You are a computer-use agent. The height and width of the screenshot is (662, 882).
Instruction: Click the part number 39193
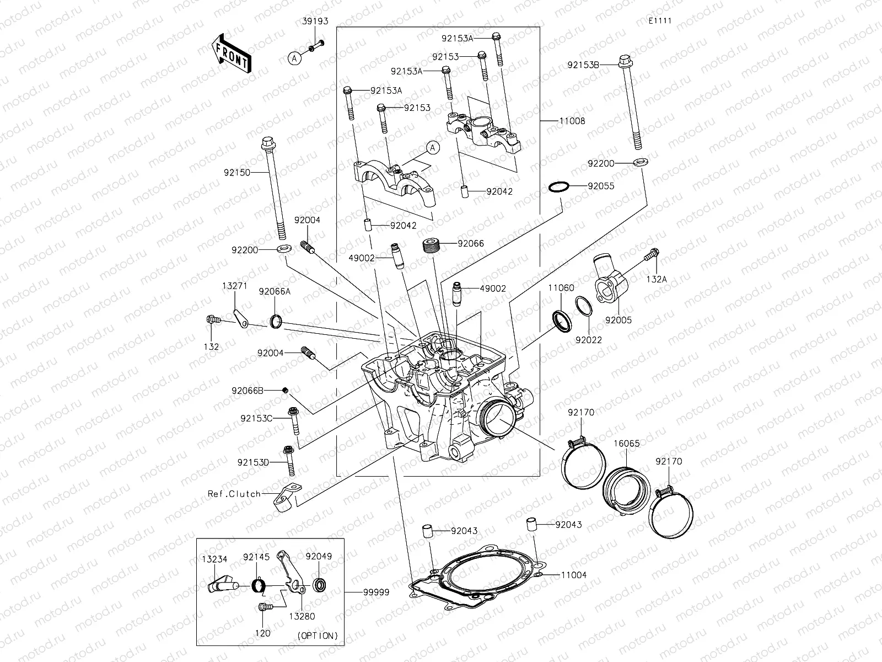pyautogui.click(x=315, y=22)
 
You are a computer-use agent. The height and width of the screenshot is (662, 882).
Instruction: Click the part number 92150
pyautogui.click(x=237, y=173)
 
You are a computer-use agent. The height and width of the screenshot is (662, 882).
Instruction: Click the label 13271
pyautogui.click(x=235, y=286)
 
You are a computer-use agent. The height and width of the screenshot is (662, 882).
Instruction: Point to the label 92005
pyautogui.click(x=618, y=320)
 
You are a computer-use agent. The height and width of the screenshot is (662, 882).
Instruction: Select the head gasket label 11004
pyautogui.click(x=574, y=575)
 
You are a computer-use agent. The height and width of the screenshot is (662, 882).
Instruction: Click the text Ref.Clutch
pyautogui.click(x=234, y=494)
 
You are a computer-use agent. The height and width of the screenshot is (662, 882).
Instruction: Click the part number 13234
pyautogui.click(x=214, y=559)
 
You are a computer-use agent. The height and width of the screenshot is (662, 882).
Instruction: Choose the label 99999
pyautogui.click(x=376, y=592)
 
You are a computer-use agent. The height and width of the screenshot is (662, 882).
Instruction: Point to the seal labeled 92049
pyautogui.click(x=319, y=584)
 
